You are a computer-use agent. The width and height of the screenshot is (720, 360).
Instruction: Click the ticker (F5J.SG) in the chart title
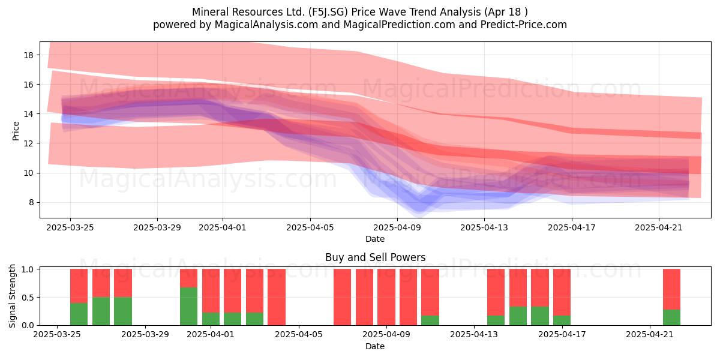coord(328,12)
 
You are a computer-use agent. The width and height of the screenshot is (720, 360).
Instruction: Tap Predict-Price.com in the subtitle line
coord(524,25)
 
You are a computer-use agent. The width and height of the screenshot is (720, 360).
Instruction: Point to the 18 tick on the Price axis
coord(28,55)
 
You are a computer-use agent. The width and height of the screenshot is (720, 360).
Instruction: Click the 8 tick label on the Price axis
coord(31,203)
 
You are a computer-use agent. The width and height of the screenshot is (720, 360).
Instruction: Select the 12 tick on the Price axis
coord(28,143)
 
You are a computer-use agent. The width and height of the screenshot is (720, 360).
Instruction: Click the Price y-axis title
coord(16,131)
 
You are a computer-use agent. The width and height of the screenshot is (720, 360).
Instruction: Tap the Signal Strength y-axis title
coord(12,296)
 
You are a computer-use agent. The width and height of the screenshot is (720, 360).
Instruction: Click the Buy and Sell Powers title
coord(375,257)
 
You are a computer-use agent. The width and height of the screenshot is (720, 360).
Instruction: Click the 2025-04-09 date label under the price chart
coord(397,227)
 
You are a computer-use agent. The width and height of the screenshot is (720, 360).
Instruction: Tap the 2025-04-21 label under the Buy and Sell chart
coord(650,335)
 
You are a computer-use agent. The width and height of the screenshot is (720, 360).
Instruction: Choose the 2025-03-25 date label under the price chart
coord(70,227)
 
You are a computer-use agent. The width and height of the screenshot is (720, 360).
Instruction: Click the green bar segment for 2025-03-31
coord(188,307)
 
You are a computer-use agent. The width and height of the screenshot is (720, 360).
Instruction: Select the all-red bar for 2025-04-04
coord(277,297)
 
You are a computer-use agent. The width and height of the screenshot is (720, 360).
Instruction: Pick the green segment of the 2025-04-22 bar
coord(672,317)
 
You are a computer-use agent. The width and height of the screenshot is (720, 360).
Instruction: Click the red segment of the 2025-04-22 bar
coord(672,289)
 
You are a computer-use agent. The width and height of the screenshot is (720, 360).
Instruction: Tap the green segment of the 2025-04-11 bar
coord(430,320)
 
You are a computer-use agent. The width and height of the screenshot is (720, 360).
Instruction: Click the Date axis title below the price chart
coord(375,239)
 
